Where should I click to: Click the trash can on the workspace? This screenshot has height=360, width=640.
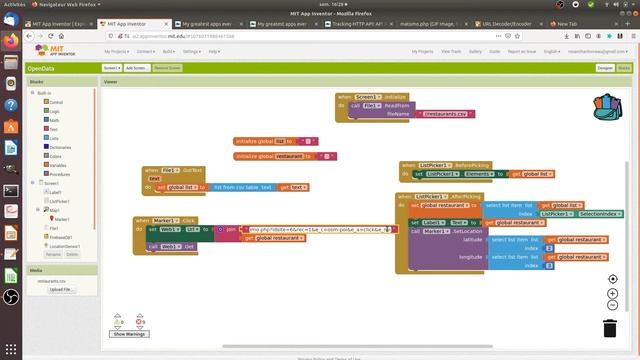click(610, 327)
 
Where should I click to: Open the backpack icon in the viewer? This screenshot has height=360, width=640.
click(606, 106)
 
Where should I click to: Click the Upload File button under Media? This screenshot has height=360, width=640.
click(62, 290)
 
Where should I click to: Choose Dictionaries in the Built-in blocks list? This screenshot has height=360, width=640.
click(60, 147)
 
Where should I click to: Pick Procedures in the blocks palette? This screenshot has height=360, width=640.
click(60, 173)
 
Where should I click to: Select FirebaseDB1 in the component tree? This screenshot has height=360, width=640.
click(61, 236)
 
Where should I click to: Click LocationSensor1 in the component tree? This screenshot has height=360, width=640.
click(64, 245)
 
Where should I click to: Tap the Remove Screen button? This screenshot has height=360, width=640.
click(167, 67)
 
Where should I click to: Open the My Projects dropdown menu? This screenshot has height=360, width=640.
click(117, 50)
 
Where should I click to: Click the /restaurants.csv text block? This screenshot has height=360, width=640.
click(446, 114)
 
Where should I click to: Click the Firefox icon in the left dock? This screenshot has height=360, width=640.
click(11, 42)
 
